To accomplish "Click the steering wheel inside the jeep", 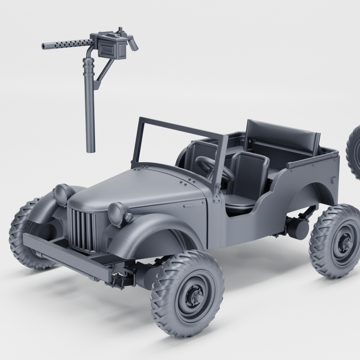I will click(212, 168).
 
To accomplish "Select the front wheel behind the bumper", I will click(27, 232).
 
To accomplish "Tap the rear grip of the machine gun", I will click(132, 43).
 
